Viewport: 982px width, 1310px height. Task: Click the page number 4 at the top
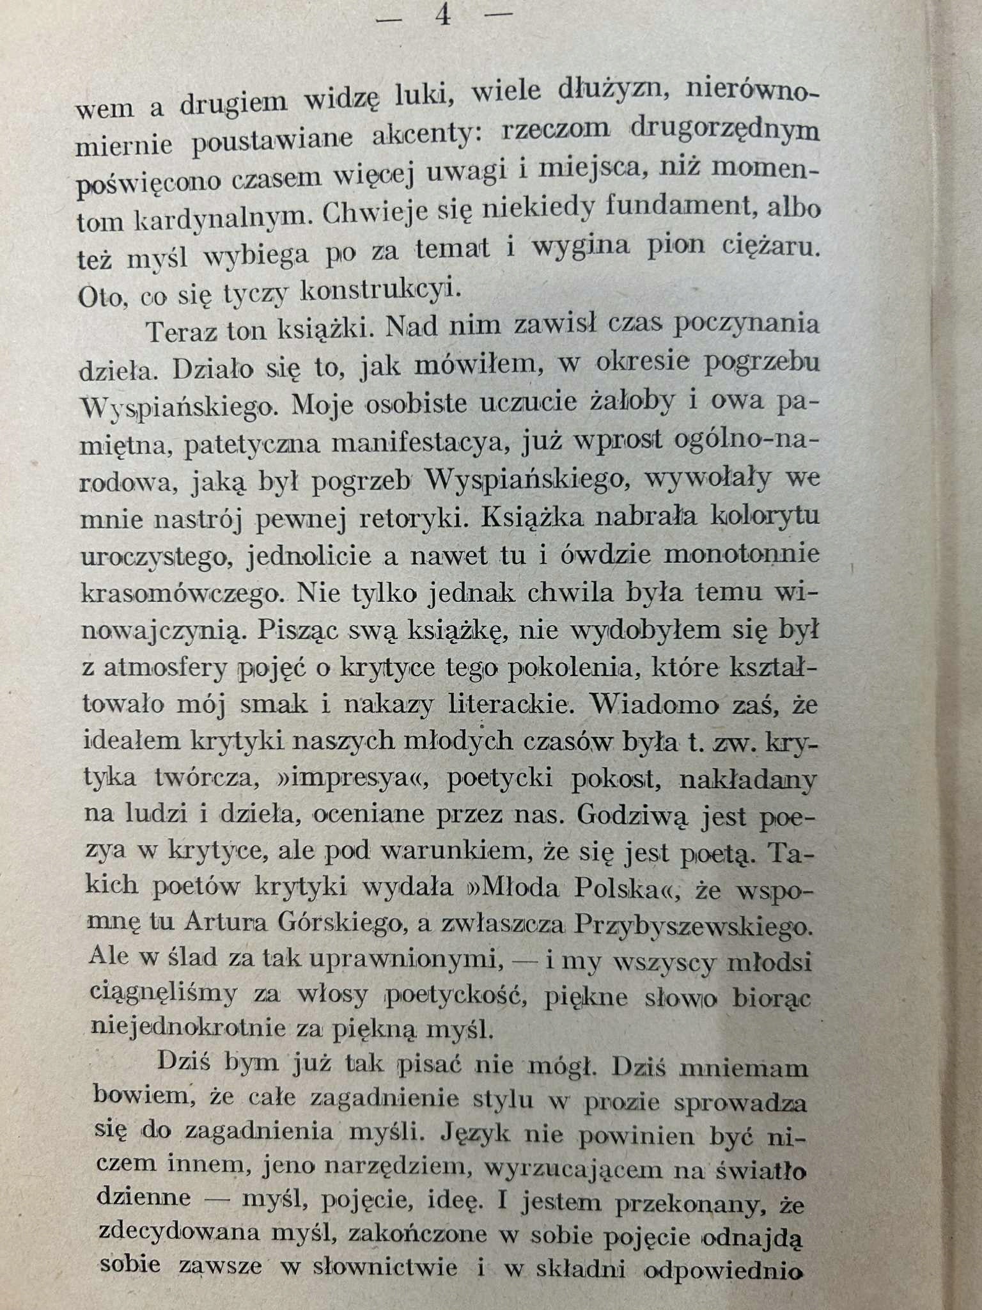coord(443,15)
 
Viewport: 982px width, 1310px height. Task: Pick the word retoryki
coord(410,519)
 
